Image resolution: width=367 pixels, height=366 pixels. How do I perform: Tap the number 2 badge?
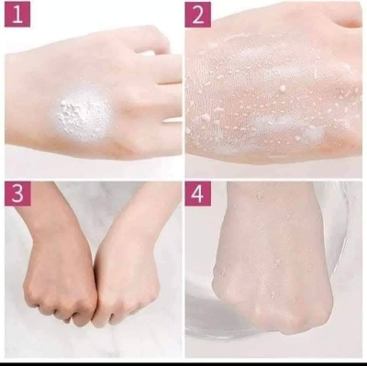(x=198, y=15)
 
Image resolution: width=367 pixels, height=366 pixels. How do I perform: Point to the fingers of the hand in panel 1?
(x=165, y=83)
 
